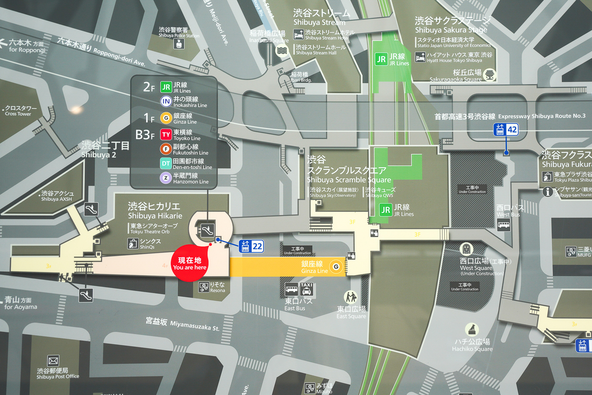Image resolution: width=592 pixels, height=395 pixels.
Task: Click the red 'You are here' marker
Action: tap(190, 263)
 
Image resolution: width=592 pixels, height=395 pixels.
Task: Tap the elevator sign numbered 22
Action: tap(251, 246)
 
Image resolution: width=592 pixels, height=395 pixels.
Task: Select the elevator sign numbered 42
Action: tap(506, 130)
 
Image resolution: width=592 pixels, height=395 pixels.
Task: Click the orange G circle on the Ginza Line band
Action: tap(336, 267)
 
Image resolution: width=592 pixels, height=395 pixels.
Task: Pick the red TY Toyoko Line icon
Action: tap(166, 135)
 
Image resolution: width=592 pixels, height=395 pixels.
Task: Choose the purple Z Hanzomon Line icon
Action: tap(166, 178)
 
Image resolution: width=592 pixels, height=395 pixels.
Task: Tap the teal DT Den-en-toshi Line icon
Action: tap(166, 164)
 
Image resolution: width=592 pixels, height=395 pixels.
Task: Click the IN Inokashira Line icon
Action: tap(166, 101)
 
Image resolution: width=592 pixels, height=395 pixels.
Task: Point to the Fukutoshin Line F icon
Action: tap(166, 149)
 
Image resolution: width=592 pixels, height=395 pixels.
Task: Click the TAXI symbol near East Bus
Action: tap(306, 289)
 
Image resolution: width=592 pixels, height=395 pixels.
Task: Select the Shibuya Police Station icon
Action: tap(179, 44)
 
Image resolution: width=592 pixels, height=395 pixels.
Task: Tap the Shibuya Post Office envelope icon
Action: tap(53, 360)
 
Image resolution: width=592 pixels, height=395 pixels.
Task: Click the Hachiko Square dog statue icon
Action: tap(471, 330)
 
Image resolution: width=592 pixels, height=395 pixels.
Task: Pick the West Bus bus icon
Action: tap(504, 225)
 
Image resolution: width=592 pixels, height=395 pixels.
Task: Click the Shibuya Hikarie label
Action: tap(155, 210)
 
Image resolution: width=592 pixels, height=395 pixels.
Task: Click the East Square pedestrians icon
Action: tap(351, 297)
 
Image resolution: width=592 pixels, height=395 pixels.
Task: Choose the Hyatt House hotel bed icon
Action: tap(420, 57)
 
